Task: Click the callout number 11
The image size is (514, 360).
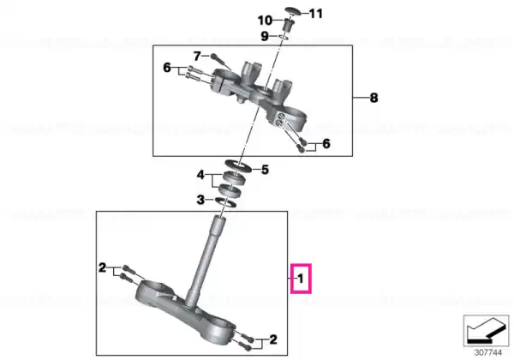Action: pos(316,14)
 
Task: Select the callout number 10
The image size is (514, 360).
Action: pos(265,21)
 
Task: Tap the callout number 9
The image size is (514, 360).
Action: pos(265,36)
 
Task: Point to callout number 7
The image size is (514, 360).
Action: pos(197,56)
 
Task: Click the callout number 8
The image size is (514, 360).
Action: pos(374,98)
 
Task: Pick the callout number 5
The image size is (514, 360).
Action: pos(265,170)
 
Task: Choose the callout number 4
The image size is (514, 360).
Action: pos(200,175)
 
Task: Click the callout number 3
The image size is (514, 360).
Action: pos(200,200)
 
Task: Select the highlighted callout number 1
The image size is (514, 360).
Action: pos(301,279)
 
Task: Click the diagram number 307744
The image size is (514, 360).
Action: pos(488,353)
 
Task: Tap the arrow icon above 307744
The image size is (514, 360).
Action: pos(486,331)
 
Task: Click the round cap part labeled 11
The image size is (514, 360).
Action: pos(293,10)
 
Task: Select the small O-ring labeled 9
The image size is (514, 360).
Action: pos(284,37)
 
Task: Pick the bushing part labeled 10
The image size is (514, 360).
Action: pos(288,25)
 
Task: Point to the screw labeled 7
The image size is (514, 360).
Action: pos(221,62)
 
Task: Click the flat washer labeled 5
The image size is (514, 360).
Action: pos(238,166)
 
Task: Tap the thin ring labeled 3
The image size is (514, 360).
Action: pos(226,202)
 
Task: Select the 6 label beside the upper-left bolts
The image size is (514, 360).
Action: pos(167,68)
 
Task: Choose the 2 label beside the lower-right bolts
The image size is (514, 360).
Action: pos(273,339)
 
